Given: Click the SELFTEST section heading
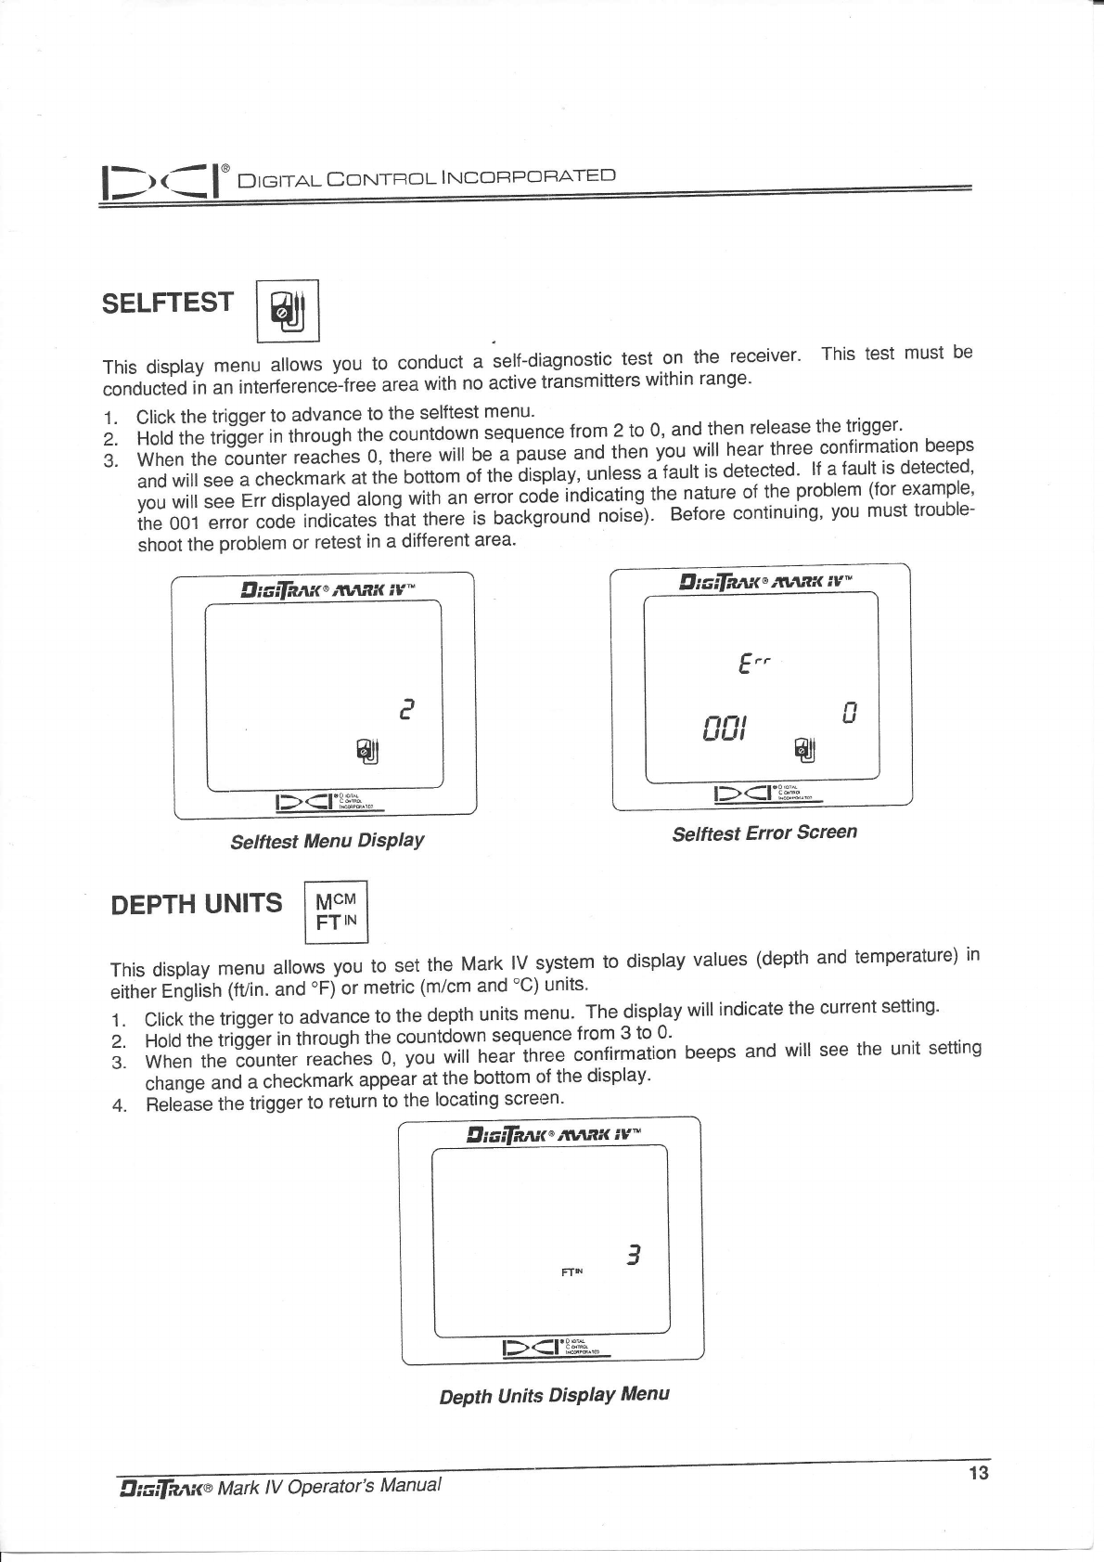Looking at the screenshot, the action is click(168, 303).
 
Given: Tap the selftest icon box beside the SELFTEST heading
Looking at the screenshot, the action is click(287, 311).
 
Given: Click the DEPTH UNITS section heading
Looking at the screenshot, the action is click(196, 903).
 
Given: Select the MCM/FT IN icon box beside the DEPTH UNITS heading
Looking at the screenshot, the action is click(337, 911).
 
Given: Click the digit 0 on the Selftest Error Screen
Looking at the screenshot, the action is click(848, 714).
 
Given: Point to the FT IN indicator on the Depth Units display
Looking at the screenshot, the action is click(572, 1272).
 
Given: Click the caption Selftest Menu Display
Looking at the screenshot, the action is click(327, 842).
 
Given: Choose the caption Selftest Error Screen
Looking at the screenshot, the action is click(764, 833).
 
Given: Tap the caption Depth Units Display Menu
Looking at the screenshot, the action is click(554, 1396).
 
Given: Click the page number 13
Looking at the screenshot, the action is click(978, 1473).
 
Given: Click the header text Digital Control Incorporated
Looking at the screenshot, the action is click(426, 176).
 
